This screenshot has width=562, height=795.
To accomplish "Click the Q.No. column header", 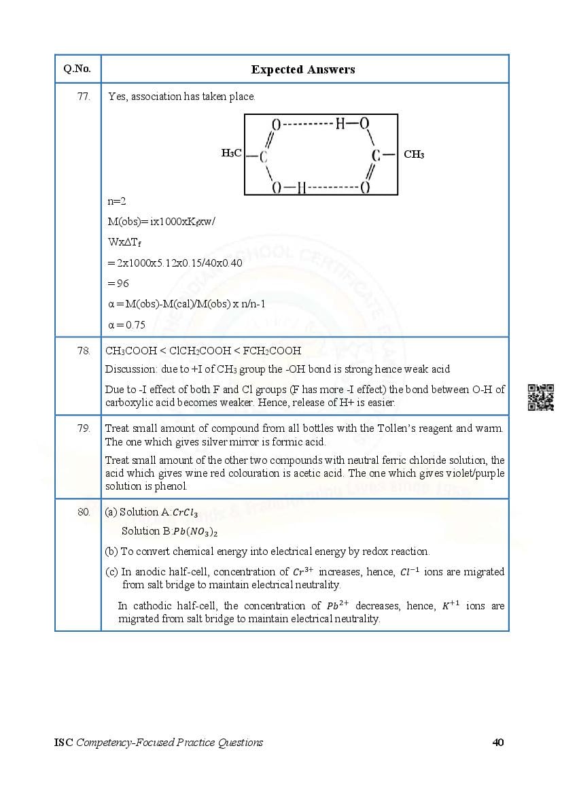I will [77, 69].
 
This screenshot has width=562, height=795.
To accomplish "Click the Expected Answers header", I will [303, 69].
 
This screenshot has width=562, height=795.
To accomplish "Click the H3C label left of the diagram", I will [231, 154].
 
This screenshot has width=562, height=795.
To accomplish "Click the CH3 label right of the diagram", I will [414, 154].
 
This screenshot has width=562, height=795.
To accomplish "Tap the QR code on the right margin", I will [541, 398].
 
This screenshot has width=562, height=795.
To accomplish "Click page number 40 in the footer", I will [497, 742].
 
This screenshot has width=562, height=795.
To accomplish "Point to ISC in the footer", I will [63, 742].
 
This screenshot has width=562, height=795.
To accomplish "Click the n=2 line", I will [117, 201].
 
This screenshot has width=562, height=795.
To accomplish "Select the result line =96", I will [118, 283].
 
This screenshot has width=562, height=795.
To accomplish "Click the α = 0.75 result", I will [126, 325].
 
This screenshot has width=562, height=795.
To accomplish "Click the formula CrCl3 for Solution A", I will [186, 513].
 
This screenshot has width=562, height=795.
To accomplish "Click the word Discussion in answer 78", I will [128, 369].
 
